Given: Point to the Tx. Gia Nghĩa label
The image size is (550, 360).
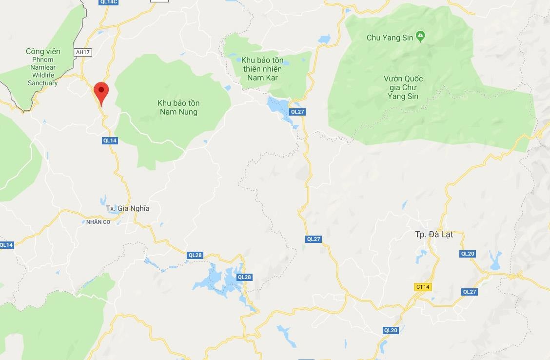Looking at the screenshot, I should tap(127, 209).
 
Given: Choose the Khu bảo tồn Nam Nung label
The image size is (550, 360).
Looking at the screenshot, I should tap(178, 108).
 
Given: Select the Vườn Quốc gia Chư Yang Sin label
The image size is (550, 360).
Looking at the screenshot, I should tap(403, 87).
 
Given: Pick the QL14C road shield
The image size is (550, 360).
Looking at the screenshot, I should tap(108, 2).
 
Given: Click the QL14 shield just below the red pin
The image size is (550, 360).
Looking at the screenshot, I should tap(110, 140).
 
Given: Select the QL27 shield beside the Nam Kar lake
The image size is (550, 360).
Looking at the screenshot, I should tap(297, 112).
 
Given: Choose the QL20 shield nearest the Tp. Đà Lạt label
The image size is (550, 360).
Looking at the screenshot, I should tap(467, 254).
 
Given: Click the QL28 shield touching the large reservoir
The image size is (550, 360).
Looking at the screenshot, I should tap(244, 277).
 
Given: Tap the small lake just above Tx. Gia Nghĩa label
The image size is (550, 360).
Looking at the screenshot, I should tap(103, 200).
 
